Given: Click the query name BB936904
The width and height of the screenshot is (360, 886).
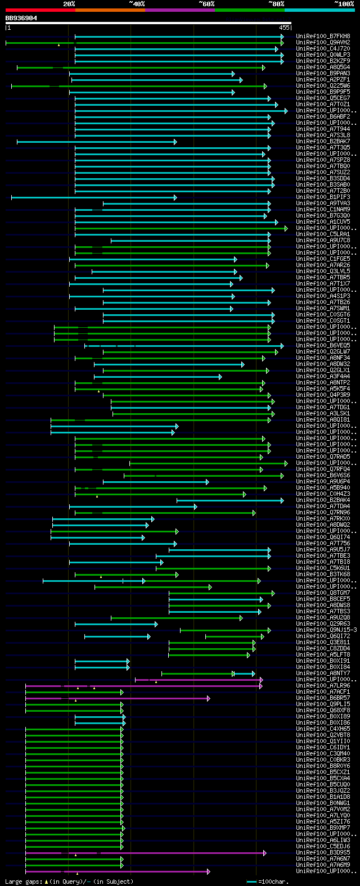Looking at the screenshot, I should click(21, 18).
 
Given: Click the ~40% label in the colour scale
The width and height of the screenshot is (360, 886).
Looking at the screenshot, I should click(137, 4).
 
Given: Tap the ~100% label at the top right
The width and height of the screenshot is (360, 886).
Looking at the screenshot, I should click(344, 4).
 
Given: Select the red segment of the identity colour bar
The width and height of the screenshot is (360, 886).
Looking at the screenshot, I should click(40, 10).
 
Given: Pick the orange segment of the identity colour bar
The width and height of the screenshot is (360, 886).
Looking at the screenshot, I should click(110, 10).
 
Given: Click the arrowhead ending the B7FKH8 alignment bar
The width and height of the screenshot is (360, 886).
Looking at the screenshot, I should click(282, 37).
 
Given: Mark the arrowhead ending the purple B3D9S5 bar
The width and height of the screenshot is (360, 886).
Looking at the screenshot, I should click(264, 852).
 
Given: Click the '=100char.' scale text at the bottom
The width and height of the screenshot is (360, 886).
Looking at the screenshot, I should click(273, 882).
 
